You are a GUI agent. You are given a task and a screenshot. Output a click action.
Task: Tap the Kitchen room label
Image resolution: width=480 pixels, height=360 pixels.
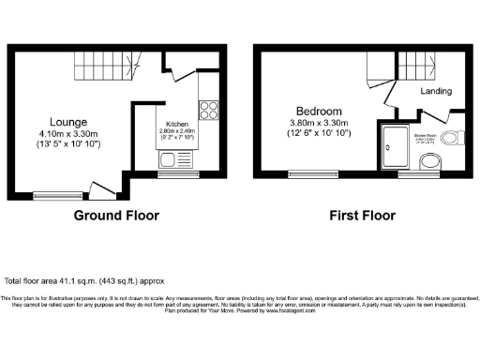(179, 125)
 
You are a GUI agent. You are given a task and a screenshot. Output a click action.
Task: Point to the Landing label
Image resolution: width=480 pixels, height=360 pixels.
(438, 92)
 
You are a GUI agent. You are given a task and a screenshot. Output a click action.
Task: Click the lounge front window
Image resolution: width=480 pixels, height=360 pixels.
(51, 195)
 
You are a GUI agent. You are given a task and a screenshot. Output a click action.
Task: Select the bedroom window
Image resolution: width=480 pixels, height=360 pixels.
(306, 173)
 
